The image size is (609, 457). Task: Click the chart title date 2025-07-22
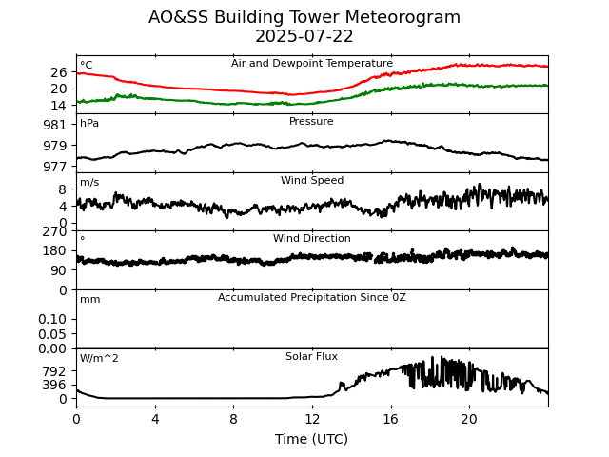(304, 37)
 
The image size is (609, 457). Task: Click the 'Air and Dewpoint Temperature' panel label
(311, 64)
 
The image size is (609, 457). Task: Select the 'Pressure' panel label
(311, 122)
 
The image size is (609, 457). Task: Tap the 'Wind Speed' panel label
(311, 181)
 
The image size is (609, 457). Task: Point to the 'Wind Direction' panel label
(311, 239)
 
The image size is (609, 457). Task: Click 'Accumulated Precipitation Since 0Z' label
(311, 298)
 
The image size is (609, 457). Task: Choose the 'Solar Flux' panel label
(311, 357)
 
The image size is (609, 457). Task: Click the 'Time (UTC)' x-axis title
(311, 439)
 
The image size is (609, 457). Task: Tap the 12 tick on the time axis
(312, 420)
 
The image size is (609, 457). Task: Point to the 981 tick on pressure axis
(54, 125)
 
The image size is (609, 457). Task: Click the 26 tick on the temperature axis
(59, 72)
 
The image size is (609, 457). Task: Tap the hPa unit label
(89, 124)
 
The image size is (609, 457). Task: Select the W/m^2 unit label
(99, 359)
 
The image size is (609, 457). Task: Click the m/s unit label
(89, 183)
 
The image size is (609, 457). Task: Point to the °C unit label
(86, 66)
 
